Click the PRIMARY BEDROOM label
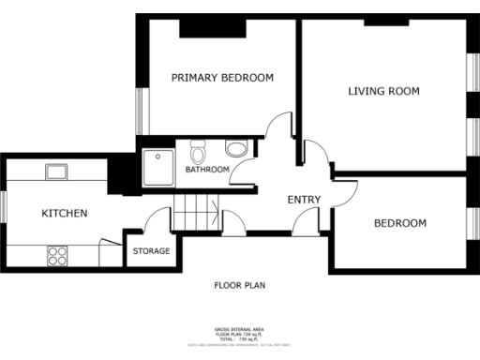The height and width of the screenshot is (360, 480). point(222,78)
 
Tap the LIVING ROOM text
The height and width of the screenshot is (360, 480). point(383,91)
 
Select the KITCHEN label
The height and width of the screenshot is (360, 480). point(64,214)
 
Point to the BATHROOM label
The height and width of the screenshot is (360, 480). point(206,170)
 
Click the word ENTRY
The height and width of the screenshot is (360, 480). point(304,200)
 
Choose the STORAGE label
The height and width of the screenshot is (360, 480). point(150,251)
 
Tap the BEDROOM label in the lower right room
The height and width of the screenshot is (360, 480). point(400,223)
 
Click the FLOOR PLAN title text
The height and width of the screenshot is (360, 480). point(240,284)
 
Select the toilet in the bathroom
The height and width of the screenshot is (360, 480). point(198,152)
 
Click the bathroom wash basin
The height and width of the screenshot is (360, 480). point(235,148)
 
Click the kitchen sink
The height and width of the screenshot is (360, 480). point(56,171)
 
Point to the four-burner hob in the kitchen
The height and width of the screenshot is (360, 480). point(57,253)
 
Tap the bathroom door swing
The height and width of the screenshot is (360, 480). point(246,172)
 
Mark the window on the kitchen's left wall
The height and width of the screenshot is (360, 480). point(3,207)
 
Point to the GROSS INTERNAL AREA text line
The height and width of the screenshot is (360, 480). point(240,329)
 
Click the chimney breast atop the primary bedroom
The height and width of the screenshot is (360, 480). point(200,27)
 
